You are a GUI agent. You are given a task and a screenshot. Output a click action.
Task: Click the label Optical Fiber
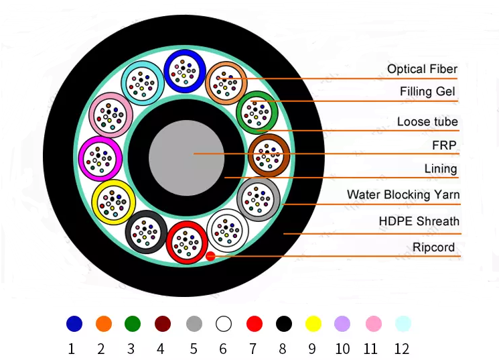coord(422,69)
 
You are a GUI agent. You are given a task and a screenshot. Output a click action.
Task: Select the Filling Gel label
coord(427,91)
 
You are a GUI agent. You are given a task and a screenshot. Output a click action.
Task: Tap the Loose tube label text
coord(427,121)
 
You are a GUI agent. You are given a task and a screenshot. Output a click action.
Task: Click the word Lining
coord(441,168)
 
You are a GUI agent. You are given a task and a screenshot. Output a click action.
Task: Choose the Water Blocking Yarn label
coord(403,195)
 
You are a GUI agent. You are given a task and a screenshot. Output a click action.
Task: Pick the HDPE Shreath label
coord(419,221)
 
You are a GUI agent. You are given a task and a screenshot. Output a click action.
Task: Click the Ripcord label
coord(433,247)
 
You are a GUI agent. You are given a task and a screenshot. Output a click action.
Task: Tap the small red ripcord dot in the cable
coord(210,256)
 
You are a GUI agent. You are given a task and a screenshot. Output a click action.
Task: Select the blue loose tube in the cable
coord(184,70)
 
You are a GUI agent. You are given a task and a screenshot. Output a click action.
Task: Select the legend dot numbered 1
coord(74,324)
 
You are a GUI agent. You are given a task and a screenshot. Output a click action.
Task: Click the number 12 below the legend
coord(401,349)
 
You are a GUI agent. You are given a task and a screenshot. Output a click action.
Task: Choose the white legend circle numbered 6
coord(223,324)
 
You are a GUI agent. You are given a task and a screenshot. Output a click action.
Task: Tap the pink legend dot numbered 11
coord(373,324)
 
